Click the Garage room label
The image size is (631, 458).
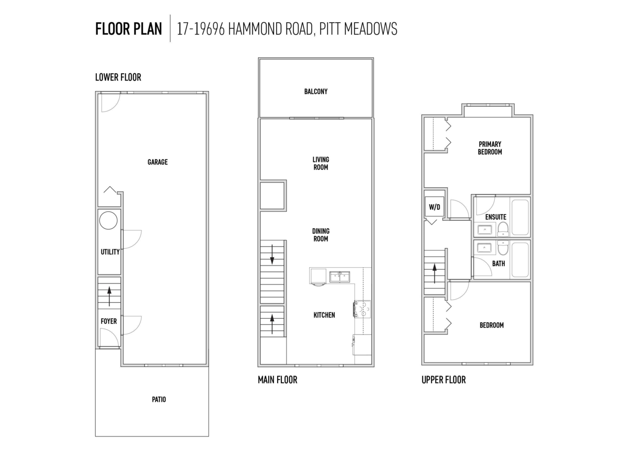tap(157, 162)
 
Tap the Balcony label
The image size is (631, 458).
tap(316, 91)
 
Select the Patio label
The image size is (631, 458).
tap(159, 400)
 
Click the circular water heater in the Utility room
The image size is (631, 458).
tap(108, 220)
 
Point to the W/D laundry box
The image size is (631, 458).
tap(434, 207)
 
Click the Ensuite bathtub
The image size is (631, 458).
tap(520, 217)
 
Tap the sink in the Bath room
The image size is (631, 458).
tap(484, 248)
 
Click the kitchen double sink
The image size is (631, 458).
tap(340, 277)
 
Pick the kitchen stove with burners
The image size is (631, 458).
tap(362, 309)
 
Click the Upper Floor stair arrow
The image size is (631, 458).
tap(435, 273)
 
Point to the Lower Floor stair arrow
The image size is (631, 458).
tap(109, 297)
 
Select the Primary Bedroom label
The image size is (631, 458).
tap(490, 148)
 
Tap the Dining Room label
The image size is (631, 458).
tap(321, 235)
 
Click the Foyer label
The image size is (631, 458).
tap(109, 321)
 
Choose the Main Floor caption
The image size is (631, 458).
tap(278, 380)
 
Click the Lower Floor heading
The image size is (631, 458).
tap(118, 77)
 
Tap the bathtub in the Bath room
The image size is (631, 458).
tap(520, 260)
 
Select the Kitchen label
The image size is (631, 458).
tap(324, 315)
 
